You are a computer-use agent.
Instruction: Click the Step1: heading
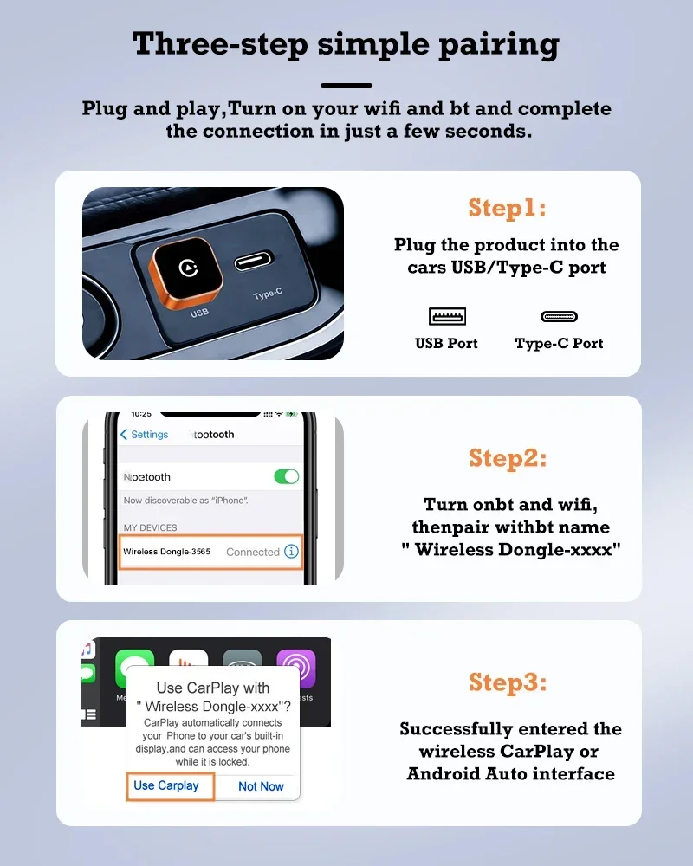508,208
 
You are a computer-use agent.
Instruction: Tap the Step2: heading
508,458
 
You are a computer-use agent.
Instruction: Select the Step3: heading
508,682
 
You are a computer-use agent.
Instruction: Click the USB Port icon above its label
447,316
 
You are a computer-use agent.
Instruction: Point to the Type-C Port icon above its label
559,316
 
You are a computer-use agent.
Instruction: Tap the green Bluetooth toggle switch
286,476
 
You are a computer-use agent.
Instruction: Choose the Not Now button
261,786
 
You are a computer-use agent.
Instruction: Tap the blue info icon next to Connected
291,551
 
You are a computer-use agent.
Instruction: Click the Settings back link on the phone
145,435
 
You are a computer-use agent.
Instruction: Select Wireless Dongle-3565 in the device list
166,551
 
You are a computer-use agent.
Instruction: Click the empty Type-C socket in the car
254,262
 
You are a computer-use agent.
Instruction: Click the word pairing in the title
499,45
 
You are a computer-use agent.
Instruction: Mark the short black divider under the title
346,86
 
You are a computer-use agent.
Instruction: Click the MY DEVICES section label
151,527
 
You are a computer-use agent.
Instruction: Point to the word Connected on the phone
253,552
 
